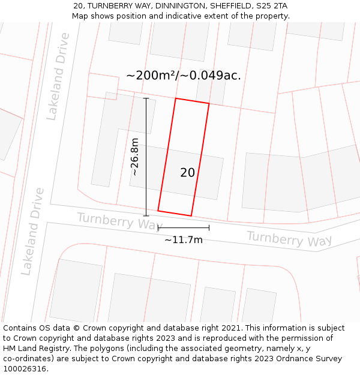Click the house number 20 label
click(187, 173)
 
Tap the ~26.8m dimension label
click(135, 157)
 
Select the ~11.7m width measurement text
click(184, 240)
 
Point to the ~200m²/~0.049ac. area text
click(184, 76)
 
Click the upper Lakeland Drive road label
click(58, 77)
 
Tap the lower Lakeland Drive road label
click(33, 232)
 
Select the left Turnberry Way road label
click(120, 221)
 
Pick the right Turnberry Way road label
click(289, 238)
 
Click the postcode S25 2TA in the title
click(272, 5)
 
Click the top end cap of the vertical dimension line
click(146, 98)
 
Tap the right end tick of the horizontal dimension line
click(209, 227)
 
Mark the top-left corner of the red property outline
click(175, 98)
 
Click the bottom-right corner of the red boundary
click(191, 215)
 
